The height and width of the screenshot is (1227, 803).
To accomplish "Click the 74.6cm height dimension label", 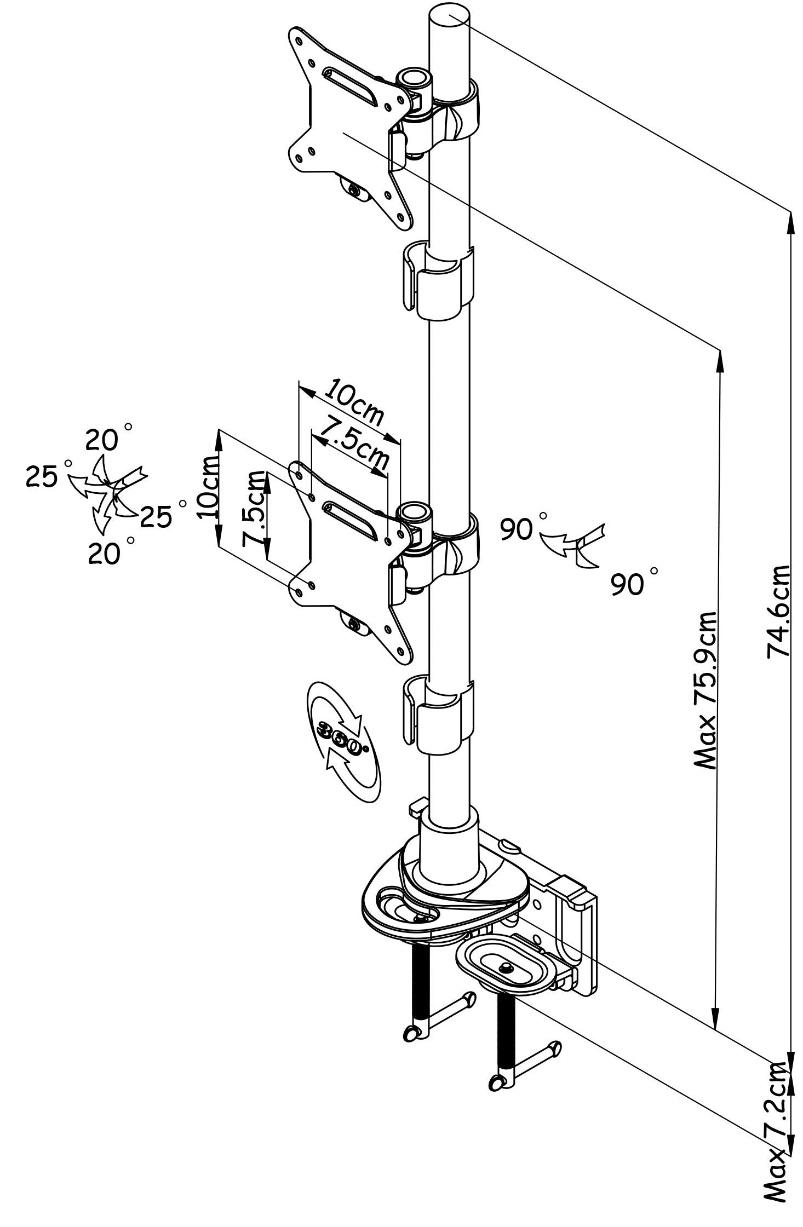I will pos(779,610).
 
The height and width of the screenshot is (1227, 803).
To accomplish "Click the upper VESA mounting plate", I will pos(348,129).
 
